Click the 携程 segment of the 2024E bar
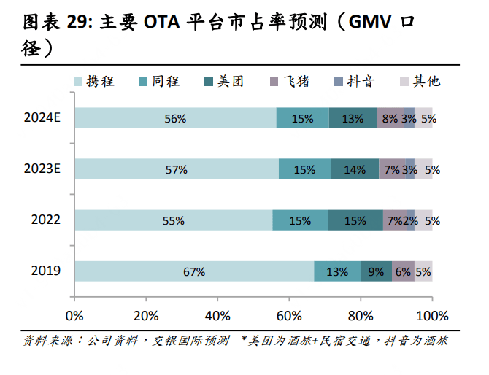pyautogui.click(x=175, y=118)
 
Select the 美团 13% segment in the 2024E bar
pyautogui.click(x=353, y=118)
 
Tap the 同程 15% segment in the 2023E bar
pyautogui.click(x=304, y=169)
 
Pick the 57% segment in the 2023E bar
pyautogui.click(x=176, y=169)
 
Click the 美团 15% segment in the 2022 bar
pyautogui.click(x=355, y=220)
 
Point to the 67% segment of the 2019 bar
pyautogui.click(x=193, y=271)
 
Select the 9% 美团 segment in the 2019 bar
pyautogui.click(x=377, y=271)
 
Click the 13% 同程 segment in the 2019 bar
pyautogui.click(x=337, y=271)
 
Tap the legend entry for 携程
pyautogui.click(x=93, y=81)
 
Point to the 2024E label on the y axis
pyautogui.click(x=42, y=118)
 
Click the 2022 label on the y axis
pyautogui.click(x=45, y=220)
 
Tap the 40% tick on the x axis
pyautogui.click(x=217, y=316)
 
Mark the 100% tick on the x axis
pyautogui.click(x=431, y=316)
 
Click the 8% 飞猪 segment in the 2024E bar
pyautogui.click(x=390, y=118)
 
